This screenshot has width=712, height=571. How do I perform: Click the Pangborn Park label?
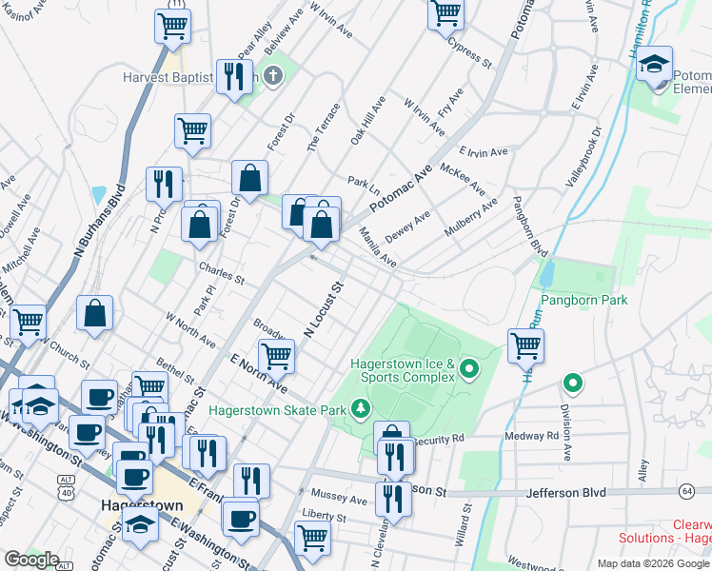pyautogui.click(x=585, y=301)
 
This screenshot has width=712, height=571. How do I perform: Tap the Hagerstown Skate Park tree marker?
pyautogui.click(x=360, y=409)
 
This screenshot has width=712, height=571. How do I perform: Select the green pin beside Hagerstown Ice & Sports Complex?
pyautogui.click(x=468, y=368)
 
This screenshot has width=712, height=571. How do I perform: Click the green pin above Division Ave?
pyautogui.click(x=572, y=384)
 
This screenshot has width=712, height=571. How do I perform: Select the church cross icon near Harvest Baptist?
pyautogui.click(x=273, y=76)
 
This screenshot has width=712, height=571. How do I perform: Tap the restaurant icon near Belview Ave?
pyautogui.click(x=234, y=75)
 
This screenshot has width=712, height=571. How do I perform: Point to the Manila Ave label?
pyautogui.click(x=377, y=245)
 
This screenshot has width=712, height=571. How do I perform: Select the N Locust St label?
pyautogui.click(x=323, y=308)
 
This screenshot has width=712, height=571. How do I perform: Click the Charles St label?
pyautogui.click(x=221, y=274)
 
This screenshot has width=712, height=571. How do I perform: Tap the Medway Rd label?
pyautogui.click(x=539, y=436)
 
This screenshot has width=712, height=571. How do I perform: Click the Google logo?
pyautogui.click(x=31, y=560)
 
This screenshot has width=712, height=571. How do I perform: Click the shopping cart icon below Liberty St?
pyautogui.click(x=311, y=537)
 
